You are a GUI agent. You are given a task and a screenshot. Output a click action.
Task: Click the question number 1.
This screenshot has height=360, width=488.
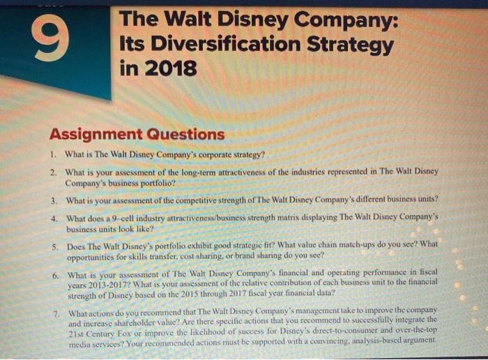(53, 153)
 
